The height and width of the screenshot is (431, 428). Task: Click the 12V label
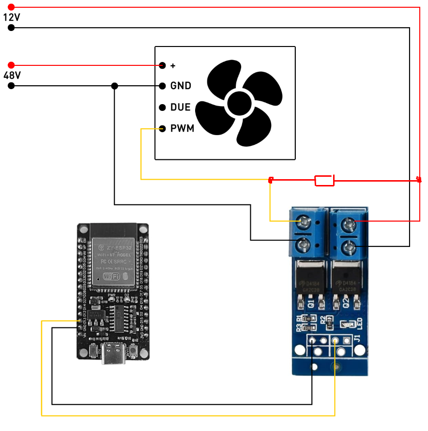pos(12,17)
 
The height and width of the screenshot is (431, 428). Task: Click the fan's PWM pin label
pos(182,129)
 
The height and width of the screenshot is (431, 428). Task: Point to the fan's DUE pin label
pos(180,107)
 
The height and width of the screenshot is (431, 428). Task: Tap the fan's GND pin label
pos(181,86)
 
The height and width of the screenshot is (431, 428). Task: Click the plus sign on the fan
pos(173,65)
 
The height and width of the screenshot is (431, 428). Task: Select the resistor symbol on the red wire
pos(324,180)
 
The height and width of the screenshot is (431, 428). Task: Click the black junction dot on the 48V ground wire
pos(115,86)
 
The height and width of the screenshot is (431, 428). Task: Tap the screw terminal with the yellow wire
pos(304,222)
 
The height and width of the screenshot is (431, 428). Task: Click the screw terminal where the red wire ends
pos(349,224)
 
